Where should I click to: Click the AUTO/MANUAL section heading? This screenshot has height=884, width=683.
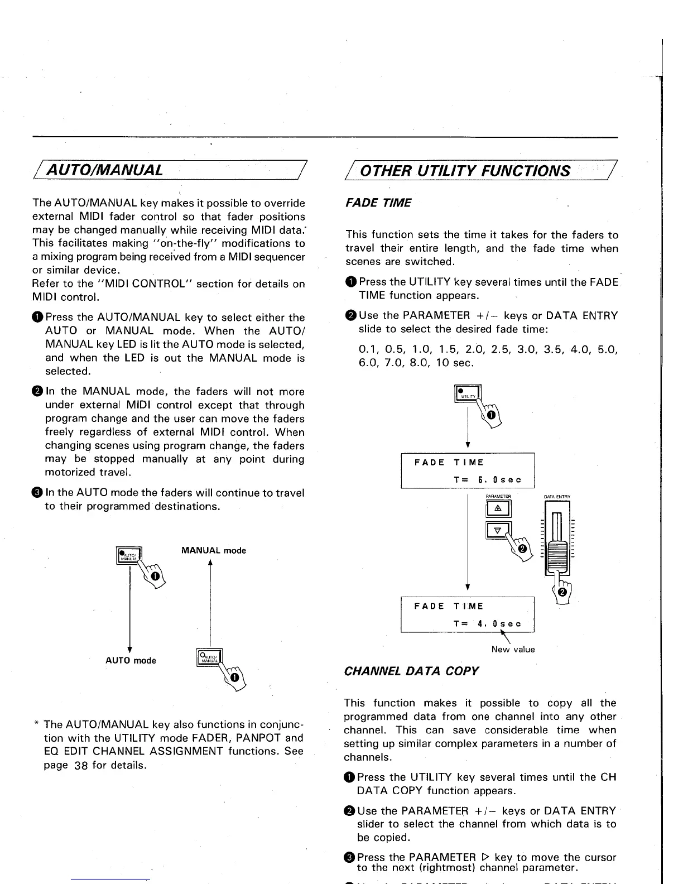click(107, 170)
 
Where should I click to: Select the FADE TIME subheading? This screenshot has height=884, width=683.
click(378, 203)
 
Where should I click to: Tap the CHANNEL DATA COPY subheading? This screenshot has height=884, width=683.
click(411, 671)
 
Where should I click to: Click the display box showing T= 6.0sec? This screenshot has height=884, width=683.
click(468, 471)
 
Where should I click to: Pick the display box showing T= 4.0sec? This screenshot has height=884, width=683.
click(468, 614)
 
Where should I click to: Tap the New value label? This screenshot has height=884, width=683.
click(513, 650)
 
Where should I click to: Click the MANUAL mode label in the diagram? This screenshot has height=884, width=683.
click(214, 551)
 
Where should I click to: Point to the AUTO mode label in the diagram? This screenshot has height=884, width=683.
click(131, 661)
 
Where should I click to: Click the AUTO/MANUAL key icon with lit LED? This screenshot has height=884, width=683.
click(128, 556)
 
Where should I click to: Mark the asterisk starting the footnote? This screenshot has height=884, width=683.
click(36, 724)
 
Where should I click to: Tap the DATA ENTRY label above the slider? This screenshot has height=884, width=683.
click(557, 496)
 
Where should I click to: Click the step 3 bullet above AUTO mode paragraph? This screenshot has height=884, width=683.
click(37, 493)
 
